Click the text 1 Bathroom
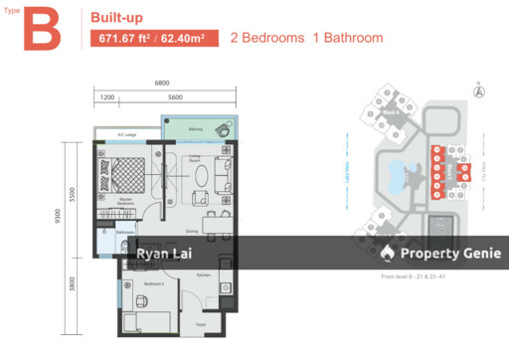pyautogui.click(x=348, y=39)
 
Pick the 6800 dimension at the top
pyautogui.click(x=168, y=84)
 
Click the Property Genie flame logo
pyautogui.click(x=388, y=255)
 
